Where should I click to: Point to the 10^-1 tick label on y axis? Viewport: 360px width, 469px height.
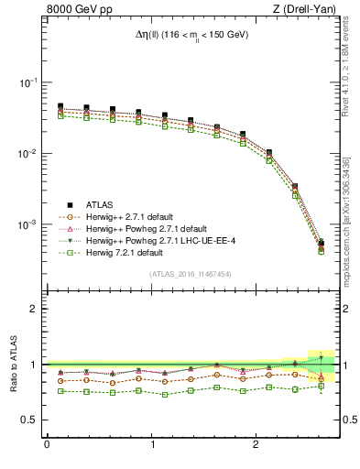tap(29, 82)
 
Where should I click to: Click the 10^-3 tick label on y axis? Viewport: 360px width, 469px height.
tap(29, 224)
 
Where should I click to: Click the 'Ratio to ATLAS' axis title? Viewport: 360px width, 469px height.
tap(12, 364)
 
